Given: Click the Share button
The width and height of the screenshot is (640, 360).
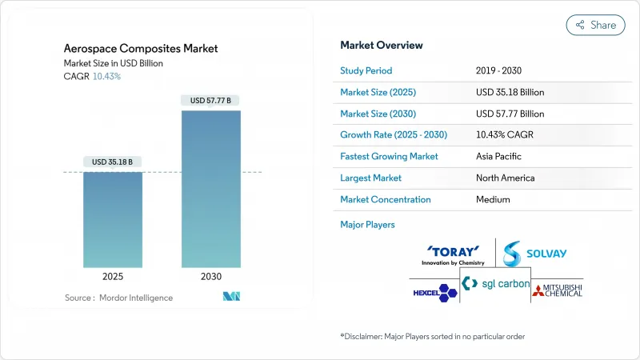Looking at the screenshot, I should click(595, 25).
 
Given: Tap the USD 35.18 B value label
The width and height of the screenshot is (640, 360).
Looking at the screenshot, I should click(113, 162).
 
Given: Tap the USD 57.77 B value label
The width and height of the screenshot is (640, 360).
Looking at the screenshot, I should click(211, 101).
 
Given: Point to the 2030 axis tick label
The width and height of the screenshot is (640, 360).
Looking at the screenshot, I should click(211, 277).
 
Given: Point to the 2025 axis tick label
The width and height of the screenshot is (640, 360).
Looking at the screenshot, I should click(113, 277).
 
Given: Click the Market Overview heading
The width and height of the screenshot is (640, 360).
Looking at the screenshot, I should click(382, 46).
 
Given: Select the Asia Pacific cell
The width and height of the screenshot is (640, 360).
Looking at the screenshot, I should click(500, 156).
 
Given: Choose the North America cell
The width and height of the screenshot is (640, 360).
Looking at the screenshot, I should click(506, 178).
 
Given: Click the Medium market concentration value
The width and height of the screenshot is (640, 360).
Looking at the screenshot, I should click(494, 199).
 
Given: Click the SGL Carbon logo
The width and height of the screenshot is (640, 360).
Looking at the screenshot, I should click(494, 284).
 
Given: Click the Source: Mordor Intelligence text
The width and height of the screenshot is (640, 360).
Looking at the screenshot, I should click(118, 298).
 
